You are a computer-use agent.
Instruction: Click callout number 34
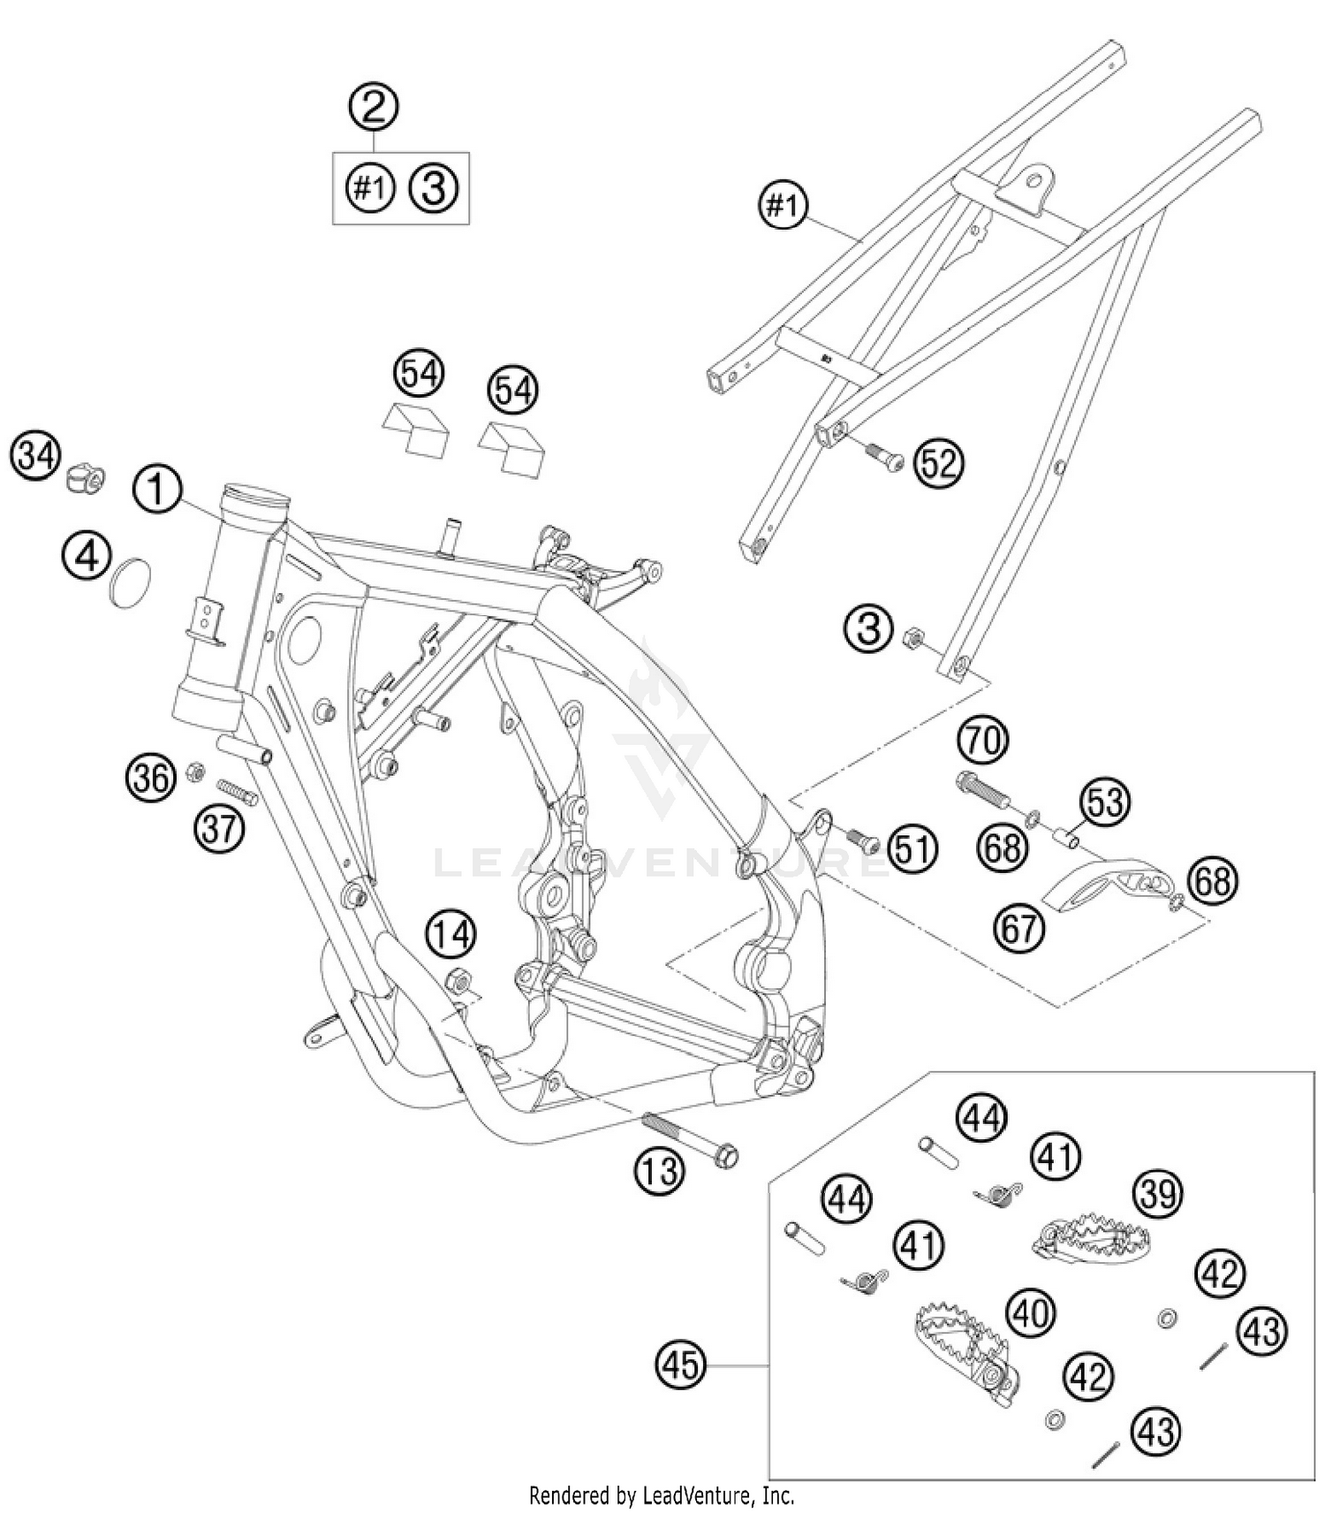click(x=36, y=457)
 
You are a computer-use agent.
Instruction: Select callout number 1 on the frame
click(x=157, y=490)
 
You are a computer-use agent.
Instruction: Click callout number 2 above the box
click(x=374, y=107)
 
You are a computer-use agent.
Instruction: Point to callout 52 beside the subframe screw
click(x=938, y=463)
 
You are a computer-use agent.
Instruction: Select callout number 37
click(x=219, y=828)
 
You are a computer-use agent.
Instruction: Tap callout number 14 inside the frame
click(x=452, y=935)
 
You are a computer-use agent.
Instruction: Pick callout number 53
click(x=1105, y=802)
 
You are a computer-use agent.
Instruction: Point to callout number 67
click(x=1019, y=929)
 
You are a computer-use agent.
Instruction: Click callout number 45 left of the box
click(x=681, y=1365)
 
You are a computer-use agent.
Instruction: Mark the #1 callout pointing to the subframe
click(x=783, y=206)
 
